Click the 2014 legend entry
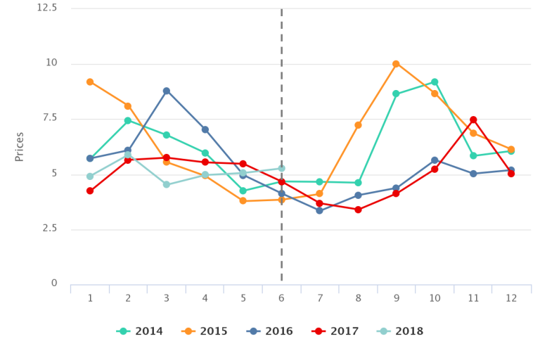(x=140, y=331)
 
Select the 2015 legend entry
(x=205, y=331)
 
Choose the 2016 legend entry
(x=270, y=331)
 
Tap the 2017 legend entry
(x=335, y=331)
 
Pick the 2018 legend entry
(x=400, y=331)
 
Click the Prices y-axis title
(x=20, y=146)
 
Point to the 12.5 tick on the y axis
(x=47, y=8)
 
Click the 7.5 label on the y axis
(x=51, y=118)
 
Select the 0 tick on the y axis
(x=54, y=283)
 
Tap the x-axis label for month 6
(x=281, y=298)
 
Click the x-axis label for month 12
(x=511, y=298)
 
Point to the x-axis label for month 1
(x=90, y=298)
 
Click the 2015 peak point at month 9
(x=397, y=64)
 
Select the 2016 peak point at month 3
(x=167, y=91)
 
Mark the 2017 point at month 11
(x=473, y=120)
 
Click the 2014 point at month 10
(x=435, y=82)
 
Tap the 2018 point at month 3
(x=167, y=185)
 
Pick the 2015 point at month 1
(x=90, y=82)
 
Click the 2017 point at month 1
(x=90, y=191)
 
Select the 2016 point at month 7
(x=320, y=210)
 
